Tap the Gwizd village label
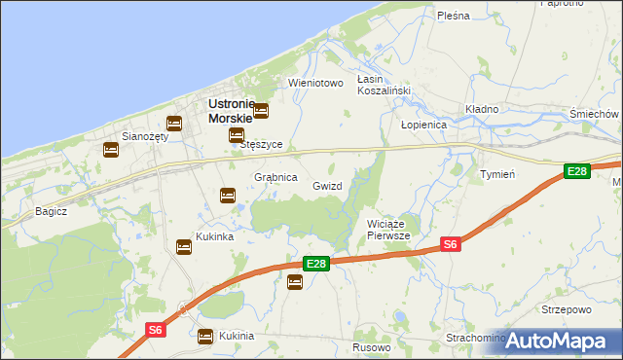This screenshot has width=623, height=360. coord(327,185)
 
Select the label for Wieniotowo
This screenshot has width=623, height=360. coord(316,83)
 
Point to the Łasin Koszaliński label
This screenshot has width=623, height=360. coord(384,85)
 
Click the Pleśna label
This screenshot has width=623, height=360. coord(454,16)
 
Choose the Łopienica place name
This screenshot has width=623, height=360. coord(423,126)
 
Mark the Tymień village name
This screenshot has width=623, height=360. coord(497,173)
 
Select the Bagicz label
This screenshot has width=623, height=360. coord(50,210)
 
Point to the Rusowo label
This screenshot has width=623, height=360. coord(372,347)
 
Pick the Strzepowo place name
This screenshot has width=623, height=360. coord(567,309)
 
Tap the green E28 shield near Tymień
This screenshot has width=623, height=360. coord(577,171)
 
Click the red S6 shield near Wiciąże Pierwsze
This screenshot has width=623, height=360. coord(450,244)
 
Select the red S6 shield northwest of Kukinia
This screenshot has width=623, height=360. coord(156,330)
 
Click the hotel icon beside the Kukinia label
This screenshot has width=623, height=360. coord(205,337)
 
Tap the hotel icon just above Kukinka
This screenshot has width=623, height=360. coord(184,246)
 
